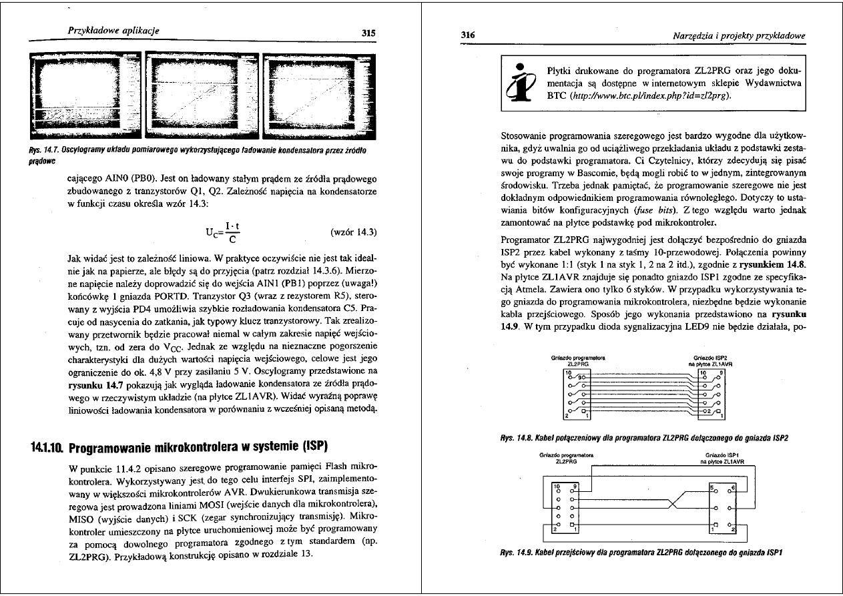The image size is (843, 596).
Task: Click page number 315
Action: point(368,32)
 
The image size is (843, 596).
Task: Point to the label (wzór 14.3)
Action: point(354,232)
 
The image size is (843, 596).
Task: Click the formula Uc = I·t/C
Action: point(223,232)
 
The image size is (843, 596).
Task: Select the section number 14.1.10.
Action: point(46,445)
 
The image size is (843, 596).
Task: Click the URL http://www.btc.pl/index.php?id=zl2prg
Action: point(647,95)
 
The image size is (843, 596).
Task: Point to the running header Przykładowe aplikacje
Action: point(113,30)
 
